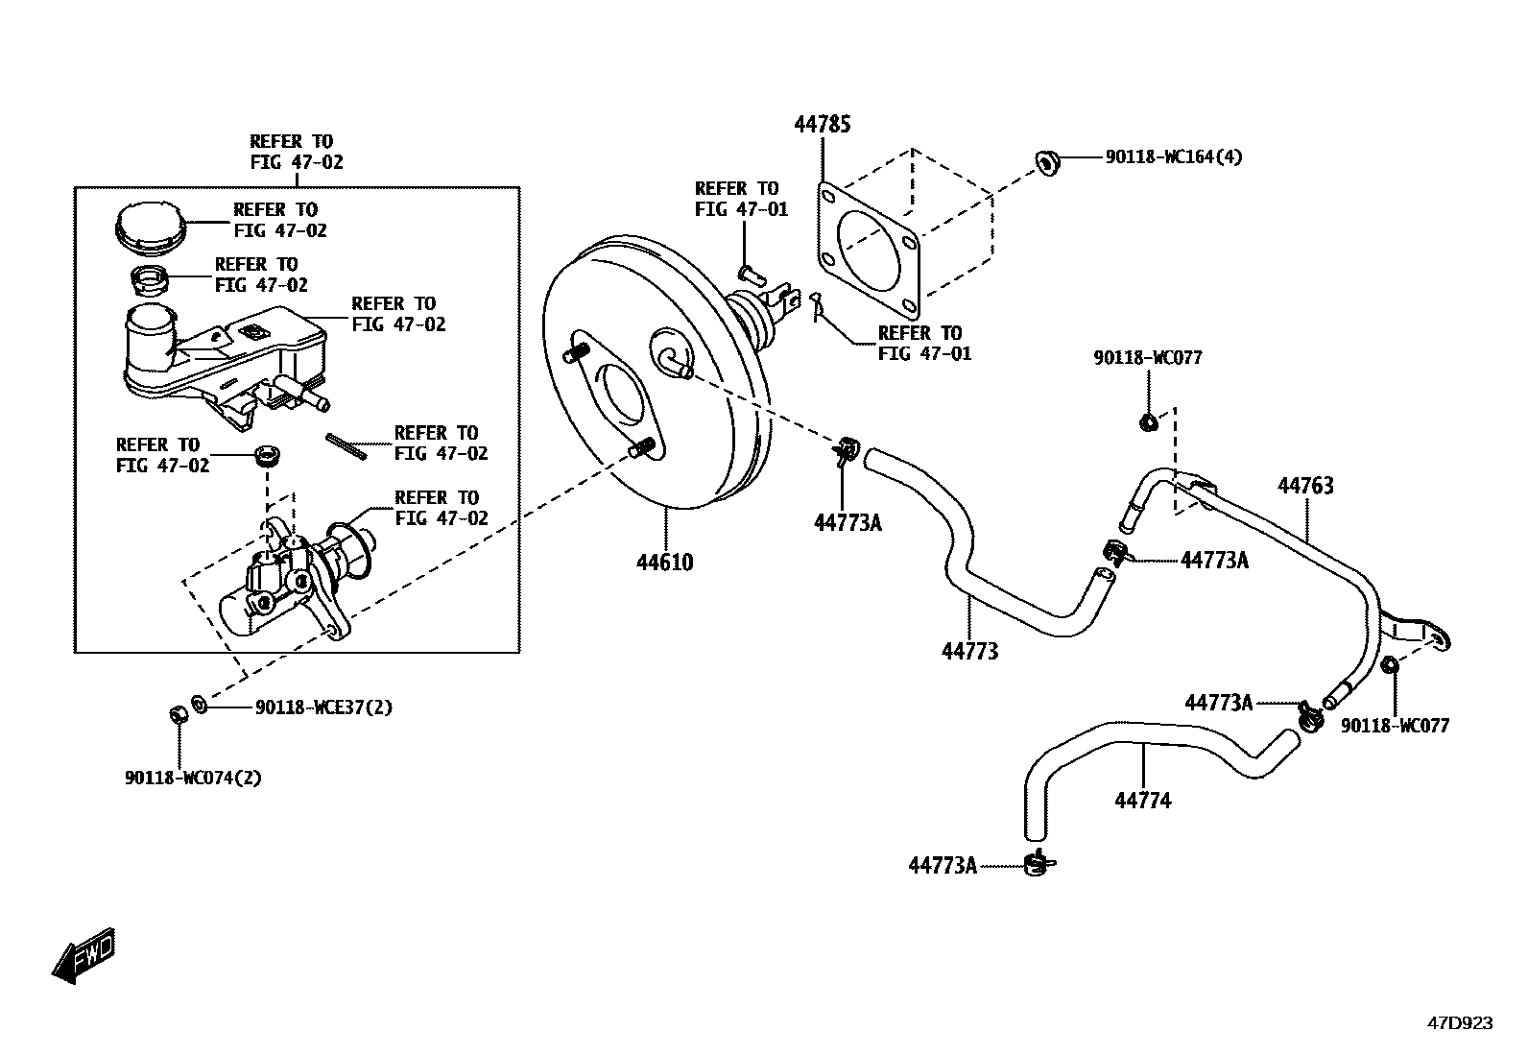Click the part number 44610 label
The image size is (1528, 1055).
(x=664, y=562)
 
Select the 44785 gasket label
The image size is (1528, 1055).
(x=822, y=124)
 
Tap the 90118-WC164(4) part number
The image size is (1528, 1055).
(x=1173, y=156)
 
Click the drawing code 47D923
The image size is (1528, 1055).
(x=1459, y=1023)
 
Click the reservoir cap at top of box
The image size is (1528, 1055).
(x=148, y=229)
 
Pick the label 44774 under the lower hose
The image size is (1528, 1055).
(x=1142, y=800)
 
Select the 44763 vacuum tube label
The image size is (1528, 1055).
(x=1305, y=486)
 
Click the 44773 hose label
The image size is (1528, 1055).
(x=969, y=651)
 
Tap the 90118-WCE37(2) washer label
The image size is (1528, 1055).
(x=323, y=707)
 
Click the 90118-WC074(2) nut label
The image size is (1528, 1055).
(x=193, y=778)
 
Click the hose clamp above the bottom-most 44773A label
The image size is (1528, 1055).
(x=1038, y=860)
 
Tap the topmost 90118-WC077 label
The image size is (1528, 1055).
(x=1147, y=358)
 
